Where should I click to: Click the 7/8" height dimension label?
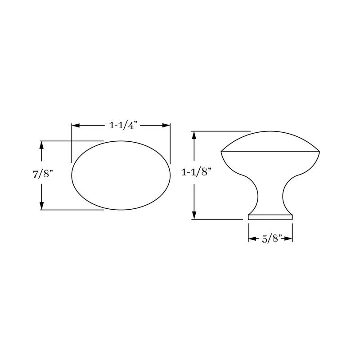click(x=43, y=175)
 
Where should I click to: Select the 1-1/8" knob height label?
click(x=196, y=172)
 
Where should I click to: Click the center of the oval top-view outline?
click(x=121, y=175)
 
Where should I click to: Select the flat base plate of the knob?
click(x=270, y=217)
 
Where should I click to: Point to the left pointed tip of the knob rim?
click(x=222, y=152)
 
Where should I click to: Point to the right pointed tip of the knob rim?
click(x=319, y=152)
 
